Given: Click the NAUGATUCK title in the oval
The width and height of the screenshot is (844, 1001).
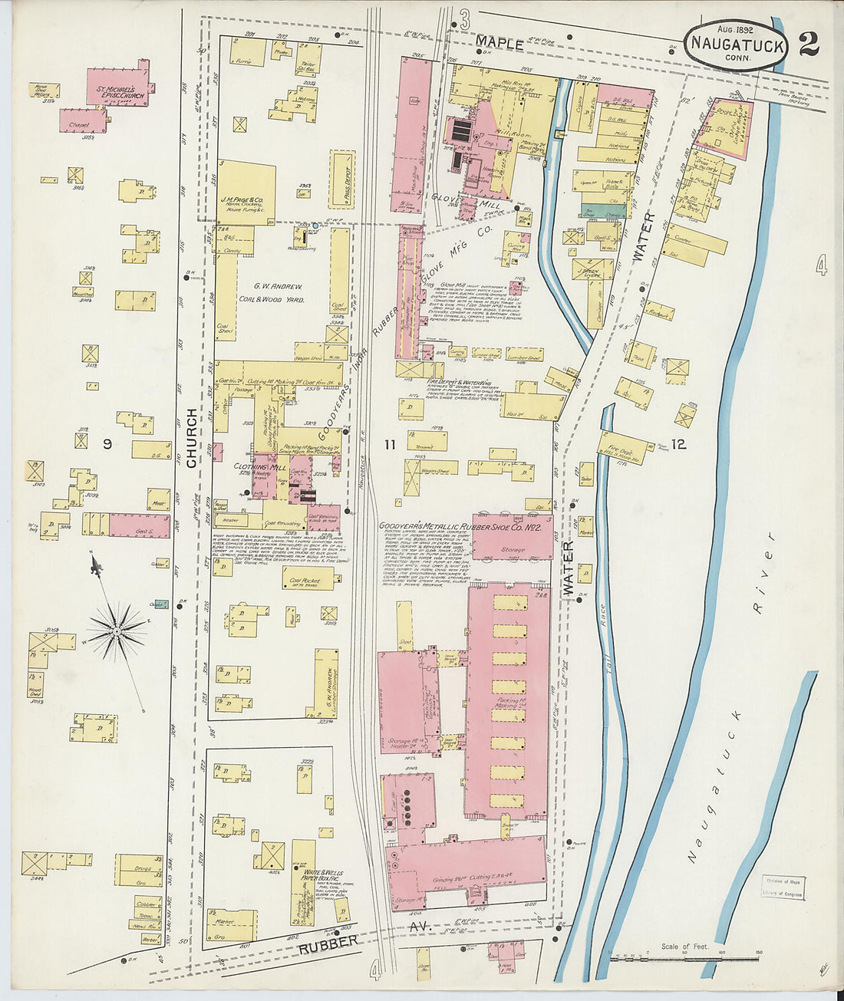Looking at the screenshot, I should point(737,44).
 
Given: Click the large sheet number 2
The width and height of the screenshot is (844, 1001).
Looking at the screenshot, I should point(808,44).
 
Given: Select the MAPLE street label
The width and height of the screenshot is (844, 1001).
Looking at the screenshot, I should point(499,44).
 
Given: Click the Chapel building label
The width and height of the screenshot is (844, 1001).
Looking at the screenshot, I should point(79,124).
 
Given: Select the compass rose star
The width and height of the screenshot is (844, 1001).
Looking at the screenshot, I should point(117,630).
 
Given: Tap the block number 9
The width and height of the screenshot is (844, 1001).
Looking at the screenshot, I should point(108,443).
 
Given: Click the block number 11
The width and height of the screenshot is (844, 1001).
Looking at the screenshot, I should point(391,443).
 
